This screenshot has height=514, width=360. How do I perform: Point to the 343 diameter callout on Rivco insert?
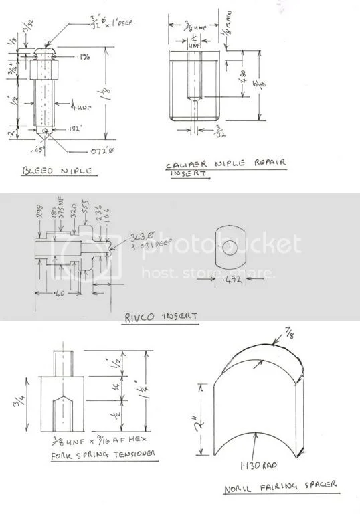[x=118, y=239]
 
